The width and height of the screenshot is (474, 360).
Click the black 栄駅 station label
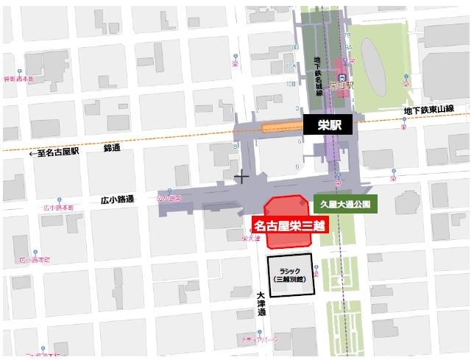(328, 125)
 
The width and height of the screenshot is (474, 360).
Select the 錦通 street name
(113, 148)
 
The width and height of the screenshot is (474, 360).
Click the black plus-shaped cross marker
(241, 176)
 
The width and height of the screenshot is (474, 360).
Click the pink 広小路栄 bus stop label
(170, 198)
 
